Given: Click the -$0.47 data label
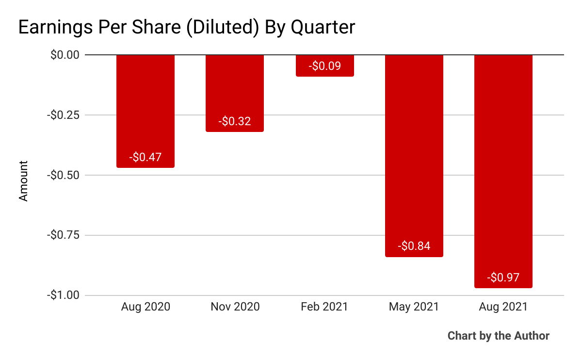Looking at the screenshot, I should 145,157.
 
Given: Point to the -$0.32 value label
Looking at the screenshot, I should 235,121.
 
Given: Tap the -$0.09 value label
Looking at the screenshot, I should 324,66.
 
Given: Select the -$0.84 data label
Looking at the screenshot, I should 414,246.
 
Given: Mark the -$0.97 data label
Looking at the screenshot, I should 503,278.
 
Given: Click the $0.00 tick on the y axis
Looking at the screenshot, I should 65,55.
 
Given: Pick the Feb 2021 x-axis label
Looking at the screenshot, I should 324,307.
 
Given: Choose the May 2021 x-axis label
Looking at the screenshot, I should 414,307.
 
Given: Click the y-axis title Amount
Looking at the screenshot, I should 23,181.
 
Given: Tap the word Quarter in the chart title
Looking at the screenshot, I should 323,28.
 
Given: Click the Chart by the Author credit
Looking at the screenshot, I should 498,336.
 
